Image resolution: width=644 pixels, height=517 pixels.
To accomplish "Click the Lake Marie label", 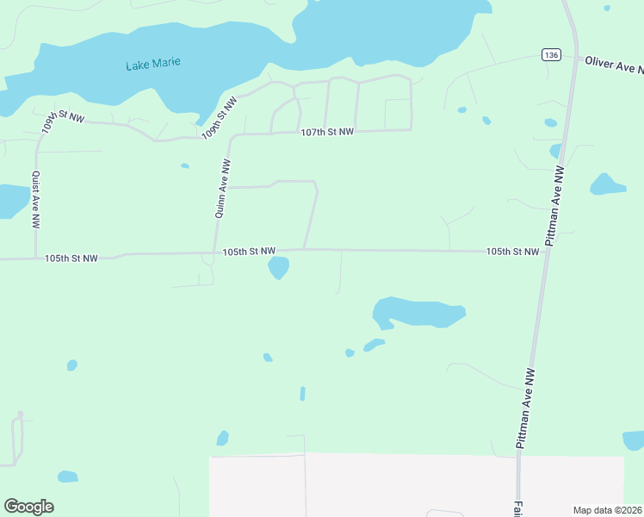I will point(152,65).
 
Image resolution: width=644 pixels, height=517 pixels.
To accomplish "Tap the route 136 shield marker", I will point(552,55).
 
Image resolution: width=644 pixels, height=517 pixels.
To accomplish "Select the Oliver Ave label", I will point(613,65).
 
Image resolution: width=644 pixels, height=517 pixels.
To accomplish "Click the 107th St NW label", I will point(327,132).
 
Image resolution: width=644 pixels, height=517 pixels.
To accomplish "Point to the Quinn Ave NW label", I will point(222,188).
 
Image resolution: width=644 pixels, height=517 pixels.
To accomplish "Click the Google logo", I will point(28,507).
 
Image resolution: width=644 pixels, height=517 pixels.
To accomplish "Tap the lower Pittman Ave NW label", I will point(526,408).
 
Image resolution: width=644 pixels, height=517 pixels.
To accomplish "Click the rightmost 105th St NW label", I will point(512,252).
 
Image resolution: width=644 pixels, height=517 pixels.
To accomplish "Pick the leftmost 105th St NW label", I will point(71,258).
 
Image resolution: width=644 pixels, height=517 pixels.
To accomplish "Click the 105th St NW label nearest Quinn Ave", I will point(249,252).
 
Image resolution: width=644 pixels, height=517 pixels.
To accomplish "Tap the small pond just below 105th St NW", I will point(278,268).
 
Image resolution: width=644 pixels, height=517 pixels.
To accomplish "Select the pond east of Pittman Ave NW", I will point(606,184).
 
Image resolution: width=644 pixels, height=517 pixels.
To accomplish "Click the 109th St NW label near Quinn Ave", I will point(220,120).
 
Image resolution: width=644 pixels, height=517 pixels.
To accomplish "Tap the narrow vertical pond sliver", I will point(302,393).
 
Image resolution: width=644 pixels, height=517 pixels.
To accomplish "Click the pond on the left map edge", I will point(10,200).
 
